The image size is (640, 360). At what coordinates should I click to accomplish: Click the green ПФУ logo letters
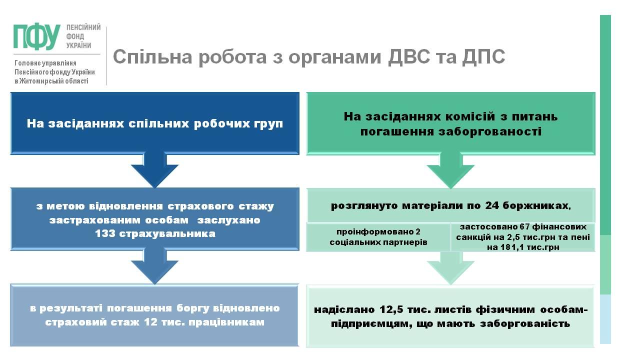pyautogui.click(x=37, y=37)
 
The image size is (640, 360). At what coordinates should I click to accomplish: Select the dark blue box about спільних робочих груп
pyautogui.click(x=154, y=123)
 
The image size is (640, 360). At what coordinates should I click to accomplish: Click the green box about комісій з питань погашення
pyautogui.click(x=450, y=123)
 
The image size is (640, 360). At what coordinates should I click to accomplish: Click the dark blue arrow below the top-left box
pyautogui.click(x=154, y=170)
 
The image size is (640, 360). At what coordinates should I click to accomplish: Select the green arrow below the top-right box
pyautogui.click(x=450, y=170)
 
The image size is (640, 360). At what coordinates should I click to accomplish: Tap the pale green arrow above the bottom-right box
pyautogui.click(x=450, y=267)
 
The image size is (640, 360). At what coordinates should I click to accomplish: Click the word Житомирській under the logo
pyautogui.click(x=45, y=81)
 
